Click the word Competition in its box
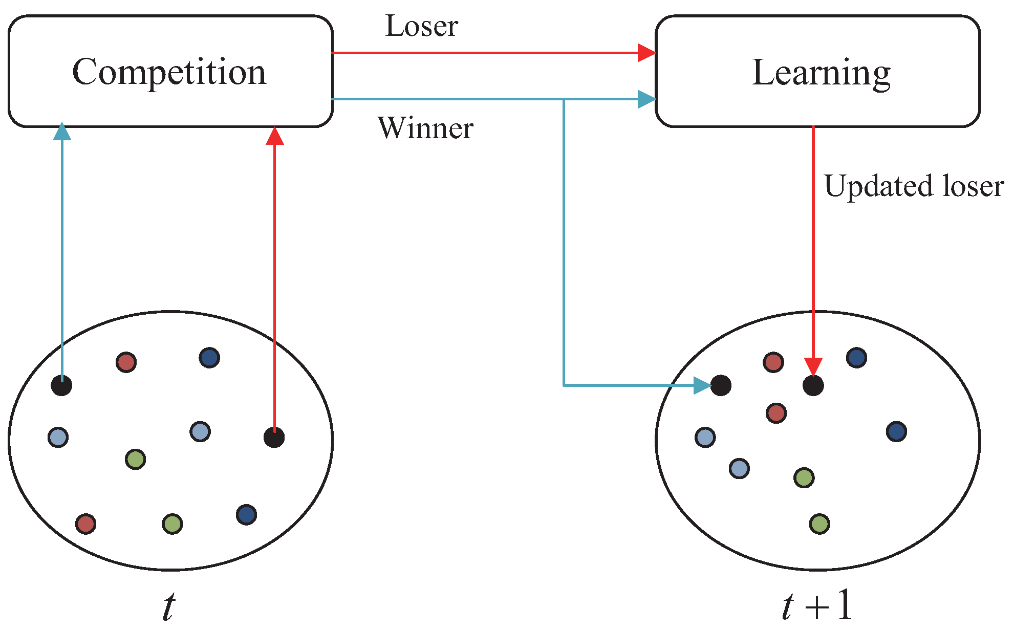click(169, 72)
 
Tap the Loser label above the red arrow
click(421, 26)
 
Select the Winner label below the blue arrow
click(425, 128)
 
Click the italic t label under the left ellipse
click(169, 607)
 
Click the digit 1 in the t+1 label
click(844, 605)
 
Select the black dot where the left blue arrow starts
click(61, 385)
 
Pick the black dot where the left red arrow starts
click(274, 437)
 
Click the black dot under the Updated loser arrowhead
click(813, 385)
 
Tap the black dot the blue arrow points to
click(721, 385)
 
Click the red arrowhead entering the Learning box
click(647, 53)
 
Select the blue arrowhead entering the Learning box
click(647, 99)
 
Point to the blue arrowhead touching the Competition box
click(62, 132)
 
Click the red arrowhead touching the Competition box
click(275, 136)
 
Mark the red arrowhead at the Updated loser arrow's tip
click(813, 366)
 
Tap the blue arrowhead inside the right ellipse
click(702, 385)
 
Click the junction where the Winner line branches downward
click(564, 99)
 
